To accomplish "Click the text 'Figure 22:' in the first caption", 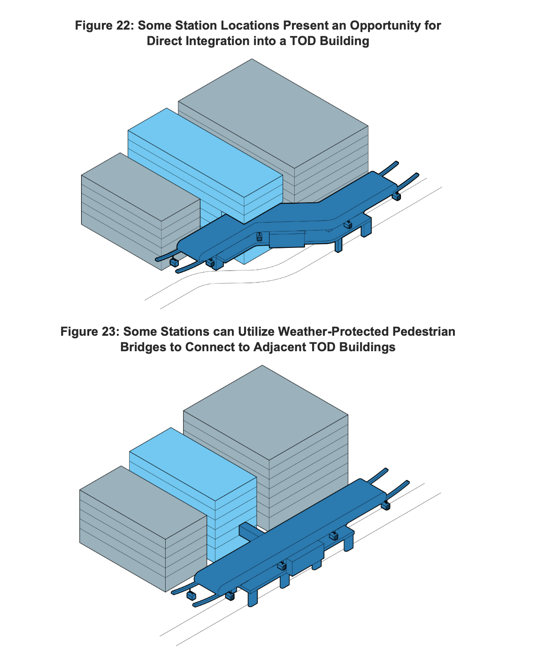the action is pyautogui.click(x=104, y=25).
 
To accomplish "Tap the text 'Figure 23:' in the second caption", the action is pyautogui.click(x=90, y=331).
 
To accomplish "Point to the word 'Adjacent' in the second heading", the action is pyautogui.click(x=279, y=347).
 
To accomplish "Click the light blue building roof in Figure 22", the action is pyautogui.click(x=205, y=153).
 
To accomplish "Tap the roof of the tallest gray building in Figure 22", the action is pyautogui.click(x=273, y=114).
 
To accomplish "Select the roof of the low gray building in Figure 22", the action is pyautogui.click(x=141, y=187).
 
